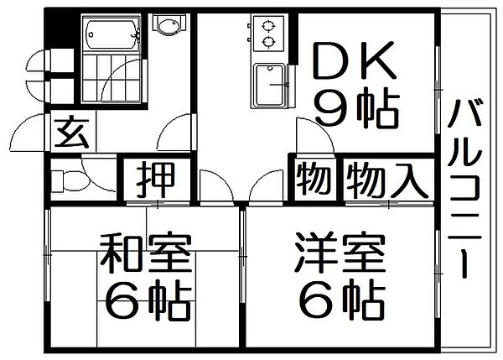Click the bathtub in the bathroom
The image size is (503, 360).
(112, 34)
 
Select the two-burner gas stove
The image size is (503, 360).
(269, 34)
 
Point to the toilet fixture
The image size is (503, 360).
(67, 180)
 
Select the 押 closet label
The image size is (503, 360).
(154, 179)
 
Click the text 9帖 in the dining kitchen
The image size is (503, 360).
(355, 109)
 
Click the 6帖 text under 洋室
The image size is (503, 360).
(340, 297)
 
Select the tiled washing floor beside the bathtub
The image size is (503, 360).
(113, 80)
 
